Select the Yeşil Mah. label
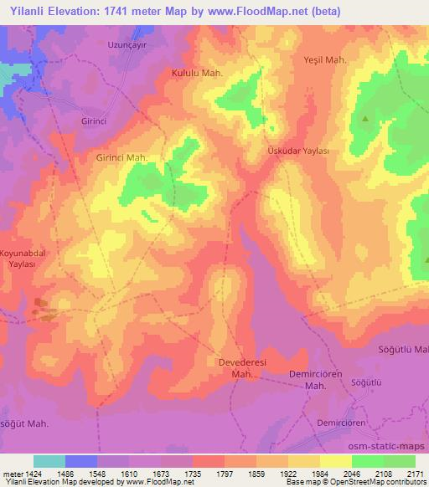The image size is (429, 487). [323, 60]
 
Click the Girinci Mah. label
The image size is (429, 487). [122, 157]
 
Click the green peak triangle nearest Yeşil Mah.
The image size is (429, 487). [365, 119]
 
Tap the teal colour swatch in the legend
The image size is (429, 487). [49, 461]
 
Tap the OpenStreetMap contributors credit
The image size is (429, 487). [378, 482]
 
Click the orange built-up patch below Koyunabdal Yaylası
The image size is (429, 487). [42, 312]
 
